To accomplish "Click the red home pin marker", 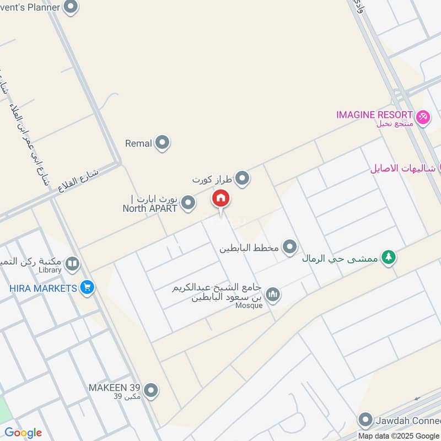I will [x=221, y=199].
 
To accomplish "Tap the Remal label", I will [x=138, y=143].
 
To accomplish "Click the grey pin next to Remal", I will [x=162, y=143].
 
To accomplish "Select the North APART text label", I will [x=150, y=208].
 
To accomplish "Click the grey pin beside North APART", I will [x=189, y=203].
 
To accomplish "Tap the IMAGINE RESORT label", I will [x=375, y=115].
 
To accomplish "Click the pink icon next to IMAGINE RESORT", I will [x=423, y=117].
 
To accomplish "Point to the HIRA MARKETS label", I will [x=43, y=288].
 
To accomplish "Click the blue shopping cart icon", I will [x=87, y=287].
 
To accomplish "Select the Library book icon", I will [x=72, y=265].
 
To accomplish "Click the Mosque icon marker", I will [x=272, y=295].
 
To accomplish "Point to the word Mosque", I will [x=249, y=306].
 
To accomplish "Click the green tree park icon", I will [x=389, y=257].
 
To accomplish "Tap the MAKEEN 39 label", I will [x=115, y=388].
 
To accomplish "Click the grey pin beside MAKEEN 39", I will [x=151, y=391].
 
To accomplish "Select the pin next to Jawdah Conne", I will [x=364, y=421].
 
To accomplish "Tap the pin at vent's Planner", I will [x=71, y=7].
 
